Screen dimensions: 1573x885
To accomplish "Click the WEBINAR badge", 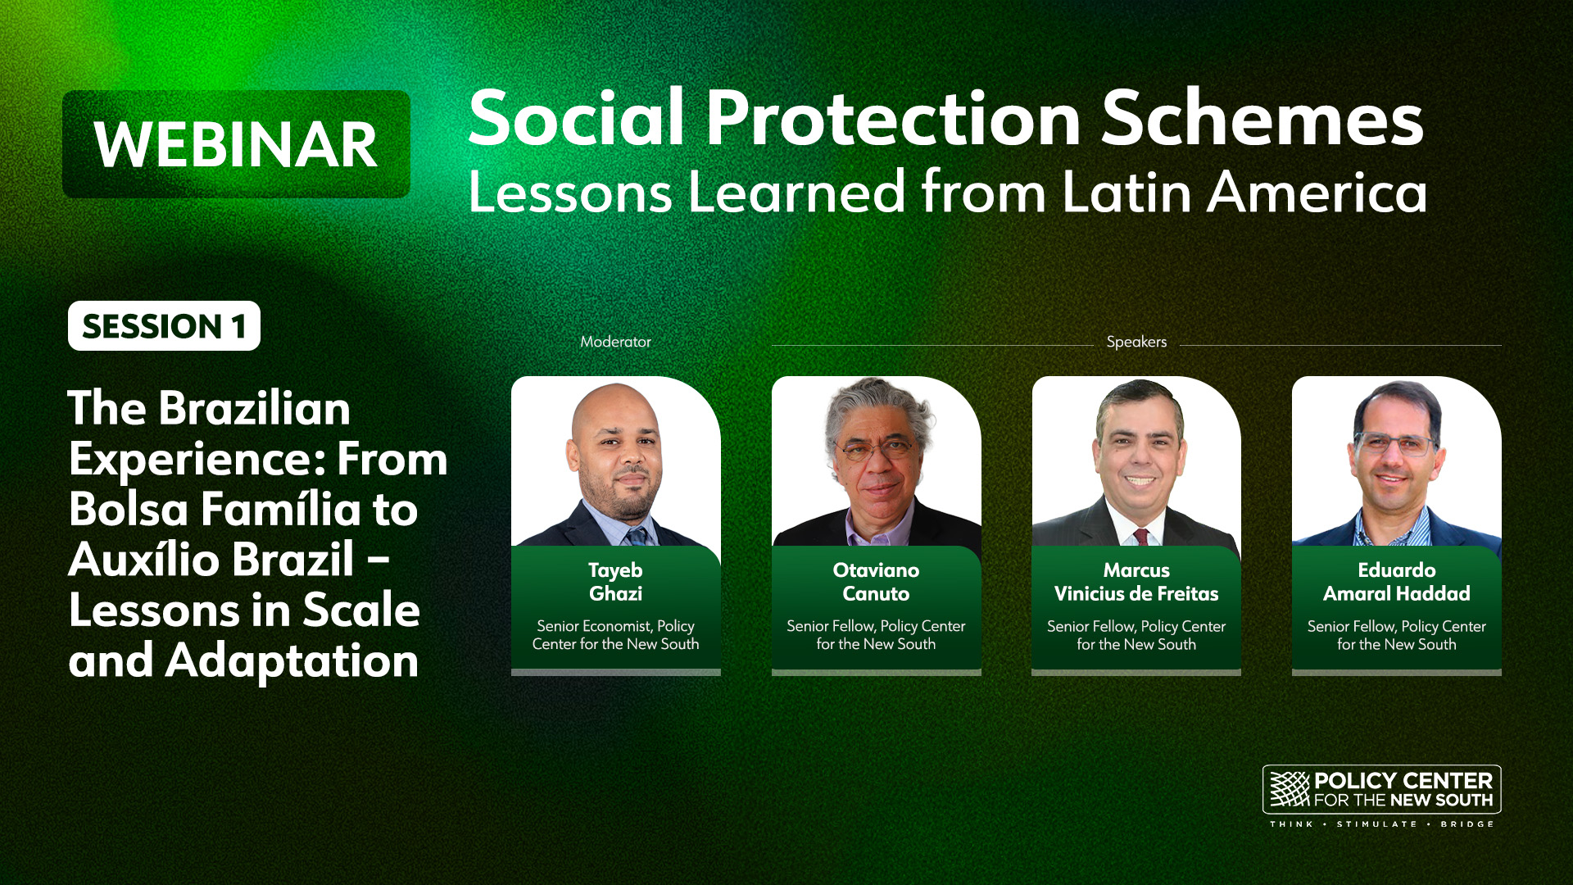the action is pyautogui.click(x=236, y=144).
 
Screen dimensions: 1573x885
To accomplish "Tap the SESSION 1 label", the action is pyautogui.click(x=164, y=326).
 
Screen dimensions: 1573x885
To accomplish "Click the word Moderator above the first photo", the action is pyautogui.click(x=615, y=342).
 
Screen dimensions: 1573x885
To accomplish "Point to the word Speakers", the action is pyautogui.click(x=1136, y=342).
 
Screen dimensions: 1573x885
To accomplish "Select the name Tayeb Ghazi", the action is pyautogui.click(x=615, y=582).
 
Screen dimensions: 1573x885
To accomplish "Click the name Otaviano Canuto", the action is pyautogui.click(x=876, y=582).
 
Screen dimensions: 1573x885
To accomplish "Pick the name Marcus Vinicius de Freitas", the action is pyautogui.click(x=1136, y=582).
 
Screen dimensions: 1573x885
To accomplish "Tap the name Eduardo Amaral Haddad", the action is pyautogui.click(x=1397, y=582).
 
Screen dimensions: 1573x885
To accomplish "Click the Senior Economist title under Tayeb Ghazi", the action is pyautogui.click(x=615, y=635).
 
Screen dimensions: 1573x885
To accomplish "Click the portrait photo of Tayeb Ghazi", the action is pyautogui.click(x=616, y=461).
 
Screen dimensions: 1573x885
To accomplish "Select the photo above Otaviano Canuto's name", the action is pyautogui.click(x=876, y=461).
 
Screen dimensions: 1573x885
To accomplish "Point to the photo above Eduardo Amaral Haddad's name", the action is pyautogui.click(x=1397, y=461).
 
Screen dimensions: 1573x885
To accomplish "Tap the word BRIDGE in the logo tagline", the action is pyautogui.click(x=1467, y=824).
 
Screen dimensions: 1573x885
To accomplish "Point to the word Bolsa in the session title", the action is pyautogui.click(x=129, y=509).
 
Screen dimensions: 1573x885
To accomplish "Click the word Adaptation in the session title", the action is pyautogui.click(x=292, y=660).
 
